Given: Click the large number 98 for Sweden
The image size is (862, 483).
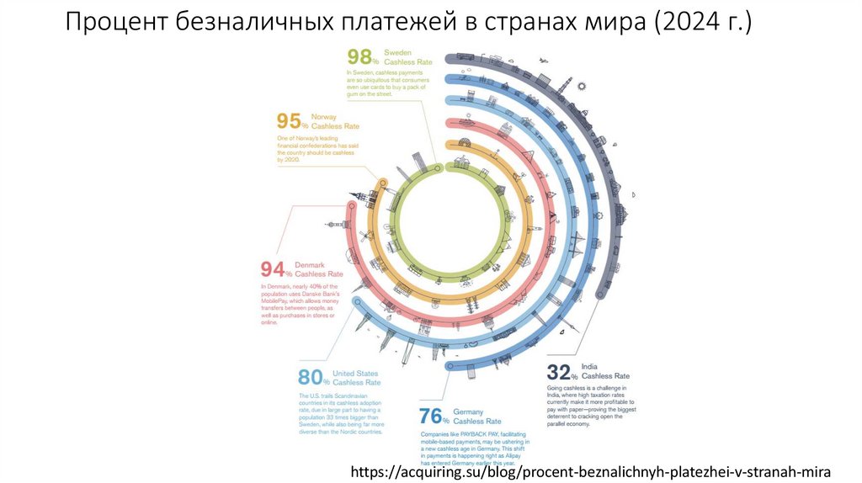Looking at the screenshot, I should pyautogui.click(x=359, y=57).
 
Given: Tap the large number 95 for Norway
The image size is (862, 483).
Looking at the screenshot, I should pyautogui.click(x=289, y=122).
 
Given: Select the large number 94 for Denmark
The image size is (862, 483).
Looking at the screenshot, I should pyautogui.click(x=273, y=269).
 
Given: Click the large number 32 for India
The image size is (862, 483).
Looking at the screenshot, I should pyautogui.click(x=558, y=372).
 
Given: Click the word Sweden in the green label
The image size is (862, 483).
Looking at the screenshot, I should pyautogui.click(x=397, y=52).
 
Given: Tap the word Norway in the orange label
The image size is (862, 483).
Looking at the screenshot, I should pyautogui.click(x=324, y=116).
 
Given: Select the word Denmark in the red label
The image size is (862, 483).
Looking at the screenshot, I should pyautogui.click(x=310, y=264).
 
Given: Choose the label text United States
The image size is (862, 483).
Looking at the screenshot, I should pyautogui.click(x=356, y=372).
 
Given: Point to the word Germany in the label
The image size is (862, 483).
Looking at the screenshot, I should pyautogui.click(x=468, y=411).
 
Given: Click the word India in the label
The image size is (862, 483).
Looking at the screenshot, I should pyautogui.click(x=589, y=366).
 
